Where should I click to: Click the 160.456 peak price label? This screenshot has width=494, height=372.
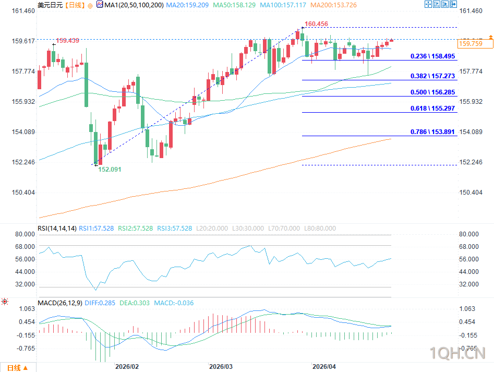pos(317,24)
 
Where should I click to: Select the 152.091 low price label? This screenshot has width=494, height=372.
pos(111,170)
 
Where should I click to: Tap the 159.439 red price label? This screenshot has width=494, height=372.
pos(67,41)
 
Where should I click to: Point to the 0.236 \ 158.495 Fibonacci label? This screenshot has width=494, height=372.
pos(432,56)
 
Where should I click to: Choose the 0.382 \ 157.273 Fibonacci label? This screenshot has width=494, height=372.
pos(432,76)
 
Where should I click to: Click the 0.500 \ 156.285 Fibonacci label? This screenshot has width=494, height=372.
pos(432,92)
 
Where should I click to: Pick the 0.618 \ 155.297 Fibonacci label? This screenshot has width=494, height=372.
pos(432,109)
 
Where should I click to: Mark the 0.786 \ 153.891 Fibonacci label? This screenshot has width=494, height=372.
pos(432,132)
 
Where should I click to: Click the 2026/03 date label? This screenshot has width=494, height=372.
pos(220,367)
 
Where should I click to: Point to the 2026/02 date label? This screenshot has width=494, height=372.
pos(127,367)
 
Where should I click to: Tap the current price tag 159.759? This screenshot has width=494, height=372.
pos(469,44)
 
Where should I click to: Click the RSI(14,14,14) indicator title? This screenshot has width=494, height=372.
pos(57,229)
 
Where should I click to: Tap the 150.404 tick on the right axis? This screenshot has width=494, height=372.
pos(471,193)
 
